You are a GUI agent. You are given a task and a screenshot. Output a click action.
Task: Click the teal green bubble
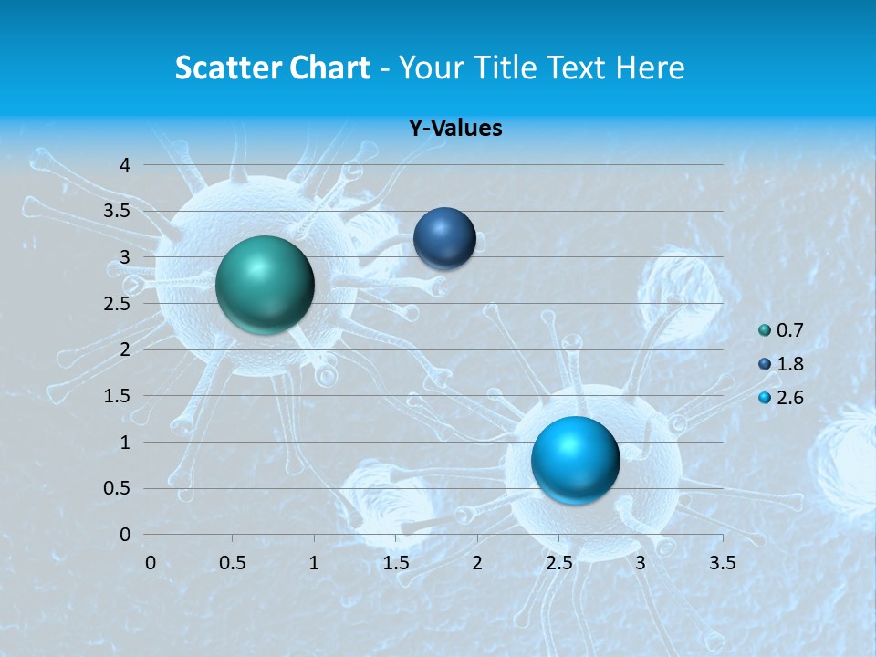click(265, 285)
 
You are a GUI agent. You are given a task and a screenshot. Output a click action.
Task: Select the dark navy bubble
click(444, 238)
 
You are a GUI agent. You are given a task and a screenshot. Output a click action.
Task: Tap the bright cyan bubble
click(575, 459)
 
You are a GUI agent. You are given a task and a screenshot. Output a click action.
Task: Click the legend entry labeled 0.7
click(789, 330)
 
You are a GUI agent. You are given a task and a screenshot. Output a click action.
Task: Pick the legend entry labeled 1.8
click(789, 364)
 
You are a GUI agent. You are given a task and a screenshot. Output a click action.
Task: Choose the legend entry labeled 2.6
click(789, 398)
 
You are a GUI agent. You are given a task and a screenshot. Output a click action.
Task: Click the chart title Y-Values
click(455, 129)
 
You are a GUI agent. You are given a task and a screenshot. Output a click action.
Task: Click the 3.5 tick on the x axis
click(723, 563)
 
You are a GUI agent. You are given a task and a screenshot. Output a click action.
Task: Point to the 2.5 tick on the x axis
click(558, 563)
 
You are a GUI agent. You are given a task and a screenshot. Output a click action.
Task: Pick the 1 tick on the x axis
click(314, 563)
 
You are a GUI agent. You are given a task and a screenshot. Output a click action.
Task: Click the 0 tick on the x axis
click(151, 563)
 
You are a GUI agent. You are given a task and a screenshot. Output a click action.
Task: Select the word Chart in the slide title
click(329, 68)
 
